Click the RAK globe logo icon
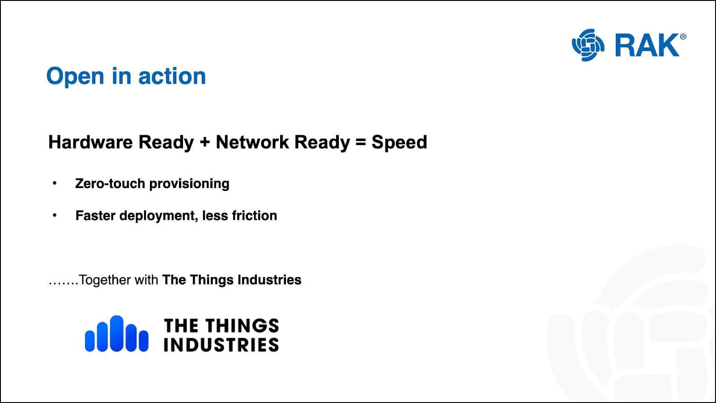[x=588, y=45]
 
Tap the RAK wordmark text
[x=647, y=45]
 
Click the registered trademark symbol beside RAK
[x=683, y=37]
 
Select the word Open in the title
[x=75, y=77]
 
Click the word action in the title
[x=172, y=76]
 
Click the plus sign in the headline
[x=205, y=142]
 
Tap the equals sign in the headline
[x=361, y=142]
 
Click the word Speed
[x=399, y=142]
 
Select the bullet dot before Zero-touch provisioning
[x=55, y=183]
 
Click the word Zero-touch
[x=110, y=184]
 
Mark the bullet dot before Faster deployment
[x=55, y=215]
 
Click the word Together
[x=105, y=280]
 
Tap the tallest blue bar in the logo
[x=116, y=334]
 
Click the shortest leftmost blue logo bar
[x=90, y=341]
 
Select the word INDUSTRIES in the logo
[x=221, y=345]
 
